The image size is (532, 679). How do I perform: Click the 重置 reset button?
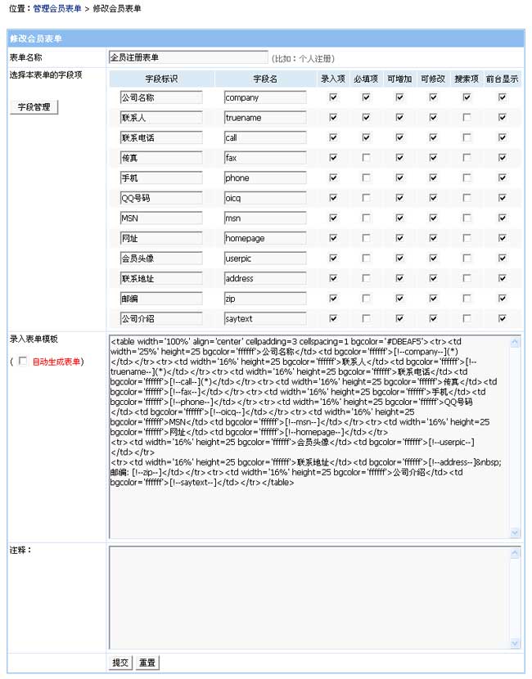tap(147, 663)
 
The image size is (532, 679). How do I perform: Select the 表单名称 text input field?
tap(187, 58)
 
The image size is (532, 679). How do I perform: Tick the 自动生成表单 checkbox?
tap(22, 361)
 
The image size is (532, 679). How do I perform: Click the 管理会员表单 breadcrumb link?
tap(57, 8)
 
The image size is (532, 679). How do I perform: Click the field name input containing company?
tap(265, 97)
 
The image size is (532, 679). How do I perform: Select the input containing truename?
tap(265, 118)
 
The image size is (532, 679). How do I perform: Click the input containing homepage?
tap(265, 238)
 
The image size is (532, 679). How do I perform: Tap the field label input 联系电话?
tap(160, 137)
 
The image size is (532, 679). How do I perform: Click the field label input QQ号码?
tap(160, 198)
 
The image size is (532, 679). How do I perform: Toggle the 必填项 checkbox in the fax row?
tap(366, 157)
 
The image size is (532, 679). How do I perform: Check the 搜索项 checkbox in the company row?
tap(467, 97)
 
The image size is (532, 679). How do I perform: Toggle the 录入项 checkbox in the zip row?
tap(333, 298)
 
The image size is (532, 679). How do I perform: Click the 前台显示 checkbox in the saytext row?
tap(502, 318)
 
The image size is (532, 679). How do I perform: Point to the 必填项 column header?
tap(366, 79)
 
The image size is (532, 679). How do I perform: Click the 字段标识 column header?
tap(161, 79)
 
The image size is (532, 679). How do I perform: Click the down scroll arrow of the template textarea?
tap(515, 533)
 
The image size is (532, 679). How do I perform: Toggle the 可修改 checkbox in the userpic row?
tap(433, 258)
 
